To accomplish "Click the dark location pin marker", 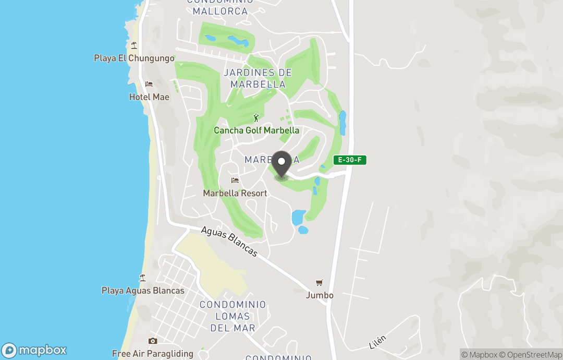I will [281, 164].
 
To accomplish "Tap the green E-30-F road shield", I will [350, 160].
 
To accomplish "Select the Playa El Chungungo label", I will [134, 58].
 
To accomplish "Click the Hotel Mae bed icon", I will [149, 84].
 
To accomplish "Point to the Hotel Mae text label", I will [149, 97].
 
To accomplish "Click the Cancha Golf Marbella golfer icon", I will [256, 118].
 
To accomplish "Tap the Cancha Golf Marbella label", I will [256, 130].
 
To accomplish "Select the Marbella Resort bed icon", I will [235, 181].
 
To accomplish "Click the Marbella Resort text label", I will [235, 193].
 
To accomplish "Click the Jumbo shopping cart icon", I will [319, 282].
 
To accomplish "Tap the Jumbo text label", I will [320, 295].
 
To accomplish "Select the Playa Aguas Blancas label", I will [143, 291].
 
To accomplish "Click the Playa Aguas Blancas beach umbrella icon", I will [142, 278].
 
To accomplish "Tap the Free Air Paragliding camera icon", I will [153, 341].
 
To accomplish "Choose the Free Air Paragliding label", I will [153, 354].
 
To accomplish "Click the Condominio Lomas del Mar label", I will [233, 316].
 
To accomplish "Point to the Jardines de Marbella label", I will [258, 78].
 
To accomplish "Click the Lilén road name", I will [377, 343].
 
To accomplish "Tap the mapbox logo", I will [35, 350].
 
